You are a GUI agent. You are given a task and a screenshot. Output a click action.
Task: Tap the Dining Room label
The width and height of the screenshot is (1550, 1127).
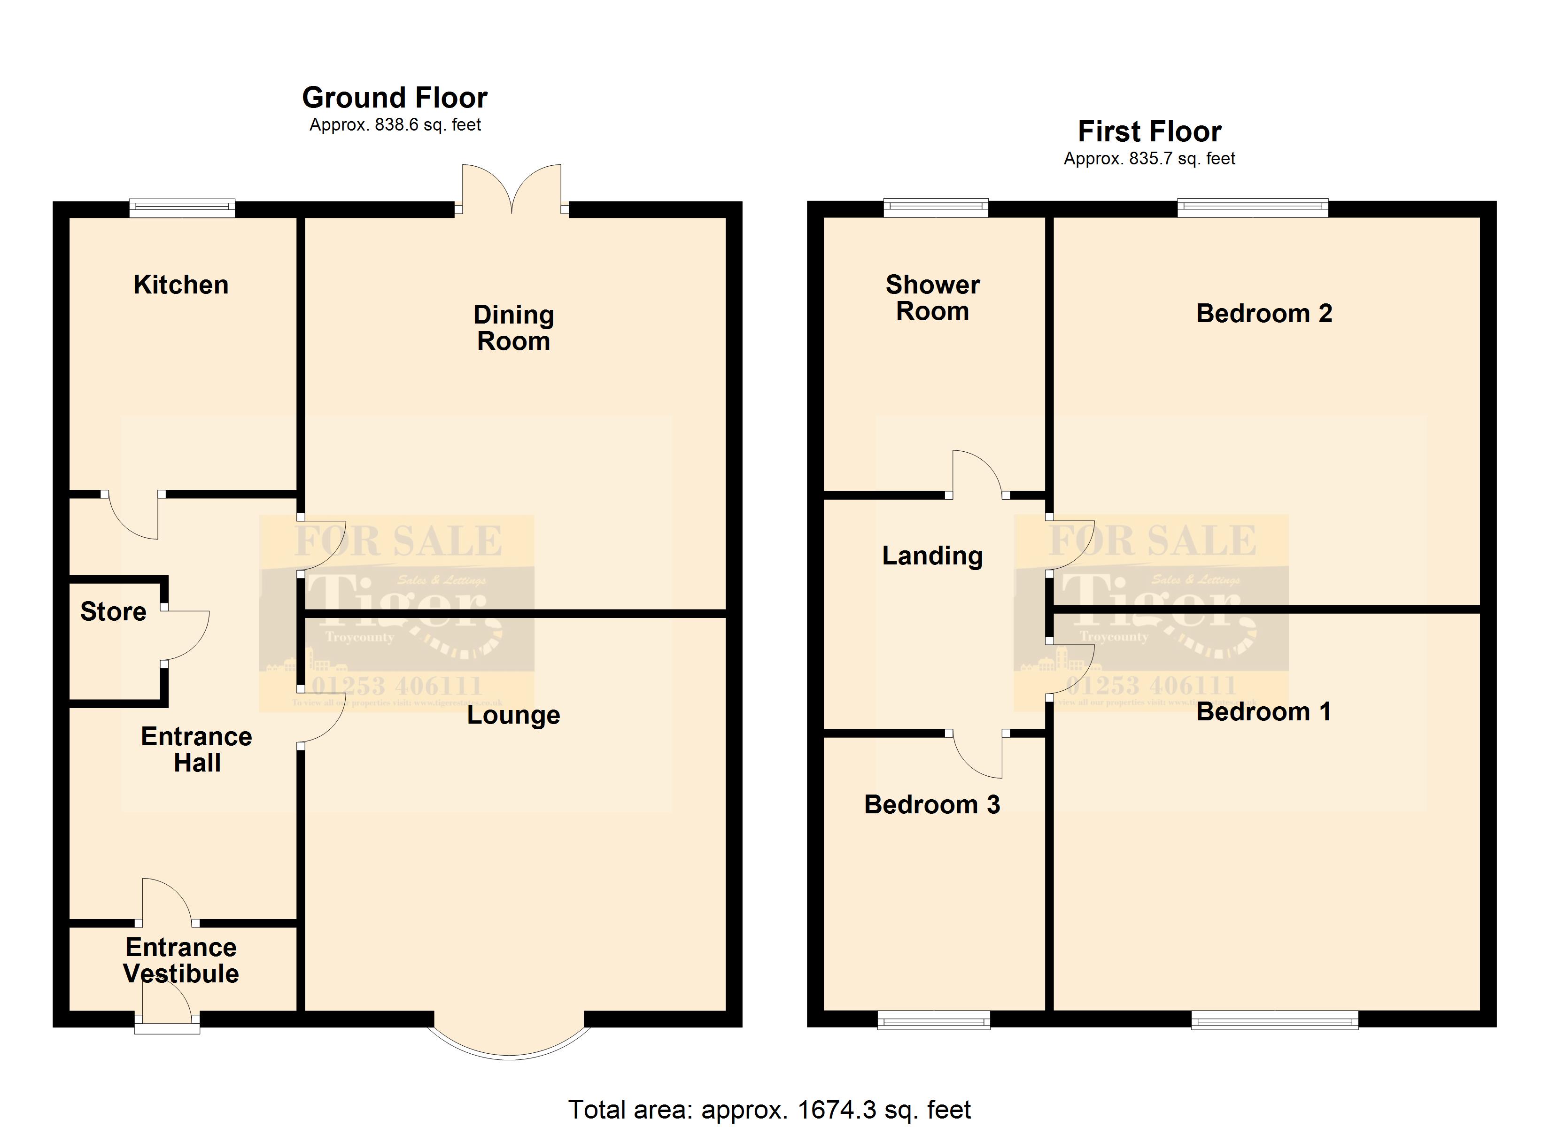pos(513,328)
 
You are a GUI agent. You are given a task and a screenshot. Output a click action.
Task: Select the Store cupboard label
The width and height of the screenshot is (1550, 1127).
pos(114,612)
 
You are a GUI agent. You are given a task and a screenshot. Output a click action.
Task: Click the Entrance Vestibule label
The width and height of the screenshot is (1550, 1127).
pos(181,961)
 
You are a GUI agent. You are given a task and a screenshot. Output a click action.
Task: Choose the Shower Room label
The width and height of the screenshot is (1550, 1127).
pos(932,298)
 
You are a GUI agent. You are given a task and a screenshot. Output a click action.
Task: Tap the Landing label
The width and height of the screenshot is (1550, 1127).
pos(932,556)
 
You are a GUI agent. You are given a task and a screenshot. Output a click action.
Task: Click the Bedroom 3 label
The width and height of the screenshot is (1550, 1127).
pos(932,805)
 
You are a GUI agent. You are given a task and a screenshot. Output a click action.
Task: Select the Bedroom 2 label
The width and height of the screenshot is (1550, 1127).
pos(1263,314)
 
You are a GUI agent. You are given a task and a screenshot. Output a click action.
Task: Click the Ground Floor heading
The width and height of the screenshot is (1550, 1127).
pos(395,98)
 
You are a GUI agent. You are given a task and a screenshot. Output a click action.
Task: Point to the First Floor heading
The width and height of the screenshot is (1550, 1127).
pos(1149,131)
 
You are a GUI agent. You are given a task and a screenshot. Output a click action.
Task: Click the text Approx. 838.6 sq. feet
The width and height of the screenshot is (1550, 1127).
pos(395,125)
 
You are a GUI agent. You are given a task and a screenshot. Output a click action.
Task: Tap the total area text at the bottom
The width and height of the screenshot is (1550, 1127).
pos(769,1109)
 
